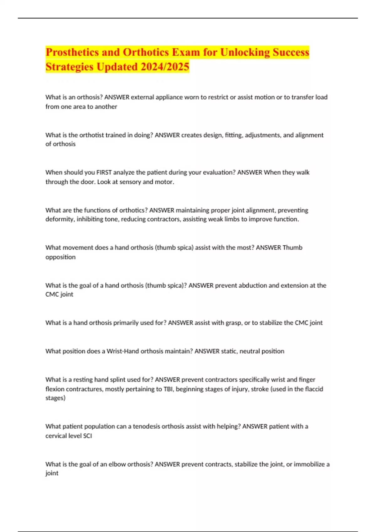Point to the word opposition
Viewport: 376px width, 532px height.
[60, 257]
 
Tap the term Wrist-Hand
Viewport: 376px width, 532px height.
[123, 351]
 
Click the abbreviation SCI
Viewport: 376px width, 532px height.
[87, 436]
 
